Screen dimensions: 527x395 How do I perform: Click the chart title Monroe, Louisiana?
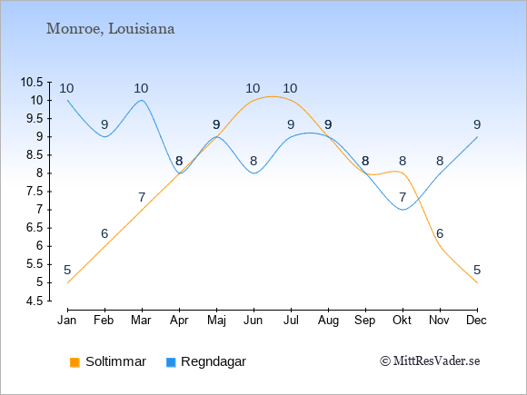tap(110, 29)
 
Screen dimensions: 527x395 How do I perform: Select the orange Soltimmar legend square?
tap(75, 362)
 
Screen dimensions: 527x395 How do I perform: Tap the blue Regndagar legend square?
tap(171, 362)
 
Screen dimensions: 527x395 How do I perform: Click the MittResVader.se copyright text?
tap(430, 361)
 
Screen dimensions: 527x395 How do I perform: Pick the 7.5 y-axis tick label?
tap(35, 192)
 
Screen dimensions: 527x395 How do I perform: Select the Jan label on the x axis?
tap(67, 321)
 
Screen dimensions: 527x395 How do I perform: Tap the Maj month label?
tap(216, 321)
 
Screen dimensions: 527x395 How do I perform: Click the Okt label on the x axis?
tap(402, 321)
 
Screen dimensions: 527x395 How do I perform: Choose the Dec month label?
tap(477, 321)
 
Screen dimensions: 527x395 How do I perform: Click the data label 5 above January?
tap(67, 270)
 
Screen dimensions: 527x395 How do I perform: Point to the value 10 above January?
tap(66, 88)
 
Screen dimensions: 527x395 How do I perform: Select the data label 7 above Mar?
tap(142, 197)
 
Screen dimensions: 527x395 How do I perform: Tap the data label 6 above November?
tap(440, 233)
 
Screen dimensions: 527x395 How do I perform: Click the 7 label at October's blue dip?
tap(403, 197)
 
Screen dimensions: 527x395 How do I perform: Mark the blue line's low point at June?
tap(254, 173)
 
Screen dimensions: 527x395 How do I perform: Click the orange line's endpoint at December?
tap(477, 282)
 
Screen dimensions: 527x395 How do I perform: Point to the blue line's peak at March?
tap(142, 100)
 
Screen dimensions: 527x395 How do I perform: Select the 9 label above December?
tap(477, 124)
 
